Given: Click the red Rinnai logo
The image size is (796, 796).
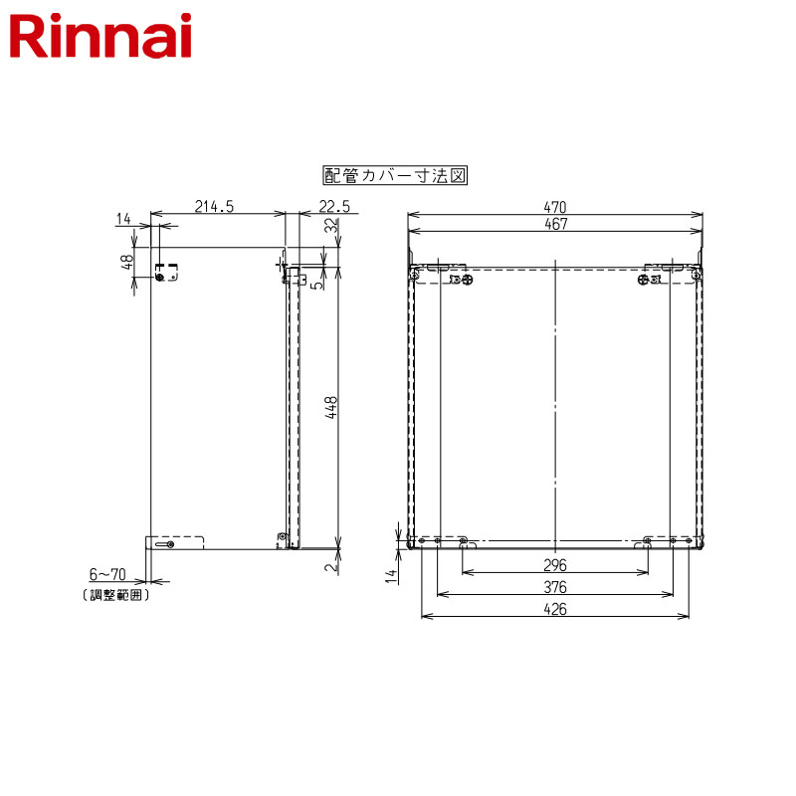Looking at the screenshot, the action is [100, 36].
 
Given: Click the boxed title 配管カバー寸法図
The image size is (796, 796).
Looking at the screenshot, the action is [395, 176].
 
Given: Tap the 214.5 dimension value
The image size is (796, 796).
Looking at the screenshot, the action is [214, 207].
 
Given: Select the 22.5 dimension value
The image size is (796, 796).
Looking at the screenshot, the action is [334, 207].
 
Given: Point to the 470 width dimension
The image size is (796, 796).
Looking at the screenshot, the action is [555, 207].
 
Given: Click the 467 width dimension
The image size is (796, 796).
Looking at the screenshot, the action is [555, 224].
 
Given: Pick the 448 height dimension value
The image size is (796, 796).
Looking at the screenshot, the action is [330, 408].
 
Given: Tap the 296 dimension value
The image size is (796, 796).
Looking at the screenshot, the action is [555, 565].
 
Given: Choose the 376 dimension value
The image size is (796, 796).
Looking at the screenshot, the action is [555, 587].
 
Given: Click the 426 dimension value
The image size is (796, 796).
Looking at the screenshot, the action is [555, 609].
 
